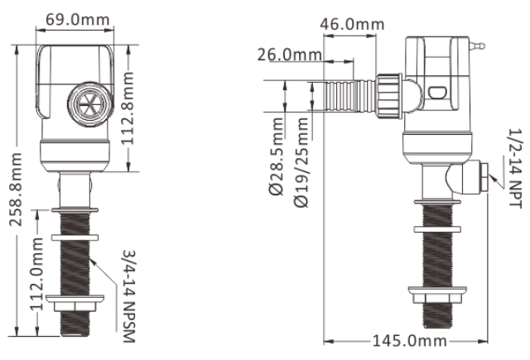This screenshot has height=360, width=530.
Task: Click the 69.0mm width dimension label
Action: click(77, 20)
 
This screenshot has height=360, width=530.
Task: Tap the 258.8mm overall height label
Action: click(16, 190)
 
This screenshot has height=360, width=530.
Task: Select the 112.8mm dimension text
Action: click(128, 108)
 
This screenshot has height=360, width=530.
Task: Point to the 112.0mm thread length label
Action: click(36, 274)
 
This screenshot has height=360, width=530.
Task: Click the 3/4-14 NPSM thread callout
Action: click(128, 296)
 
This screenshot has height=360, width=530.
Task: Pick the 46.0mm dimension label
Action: click(352, 24)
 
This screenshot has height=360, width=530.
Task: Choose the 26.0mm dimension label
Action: click(290, 55)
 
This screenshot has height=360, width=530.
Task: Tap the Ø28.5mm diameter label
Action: click(276, 156)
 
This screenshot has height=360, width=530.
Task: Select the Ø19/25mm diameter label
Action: click(301, 162)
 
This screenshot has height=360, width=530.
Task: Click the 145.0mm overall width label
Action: click(410, 341)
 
